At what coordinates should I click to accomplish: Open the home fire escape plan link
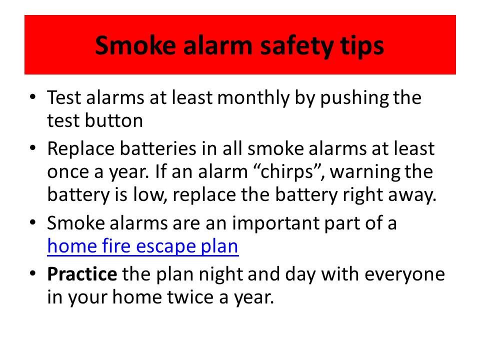pos(143,246)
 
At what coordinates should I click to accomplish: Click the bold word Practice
pos(82,274)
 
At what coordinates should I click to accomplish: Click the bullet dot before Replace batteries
pos(33,149)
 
